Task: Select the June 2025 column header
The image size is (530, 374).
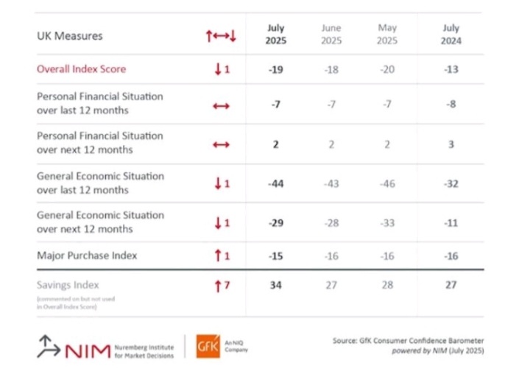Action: (331, 35)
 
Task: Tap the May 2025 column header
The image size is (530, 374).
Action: (387, 35)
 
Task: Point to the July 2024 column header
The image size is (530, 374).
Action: (451, 35)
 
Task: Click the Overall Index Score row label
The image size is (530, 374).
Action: (82, 69)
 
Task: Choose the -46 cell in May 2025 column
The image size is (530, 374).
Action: (387, 183)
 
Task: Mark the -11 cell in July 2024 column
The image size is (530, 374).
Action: (451, 223)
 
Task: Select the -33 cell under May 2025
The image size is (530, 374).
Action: (387, 223)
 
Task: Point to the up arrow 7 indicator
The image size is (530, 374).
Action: (221, 285)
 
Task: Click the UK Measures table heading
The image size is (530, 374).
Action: (69, 35)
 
